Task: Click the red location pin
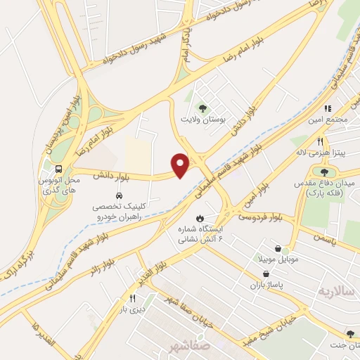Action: (x=181, y=165)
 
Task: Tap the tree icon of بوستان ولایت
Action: (x=203, y=108)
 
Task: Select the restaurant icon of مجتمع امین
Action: (x=327, y=109)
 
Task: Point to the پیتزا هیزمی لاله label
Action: (x=320, y=151)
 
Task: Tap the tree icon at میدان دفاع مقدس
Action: (x=324, y=172)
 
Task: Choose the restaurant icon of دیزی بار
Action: (x=132, y=298)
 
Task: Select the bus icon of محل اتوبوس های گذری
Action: (x=58, y=169)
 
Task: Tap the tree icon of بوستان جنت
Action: (x=349, y=334)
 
